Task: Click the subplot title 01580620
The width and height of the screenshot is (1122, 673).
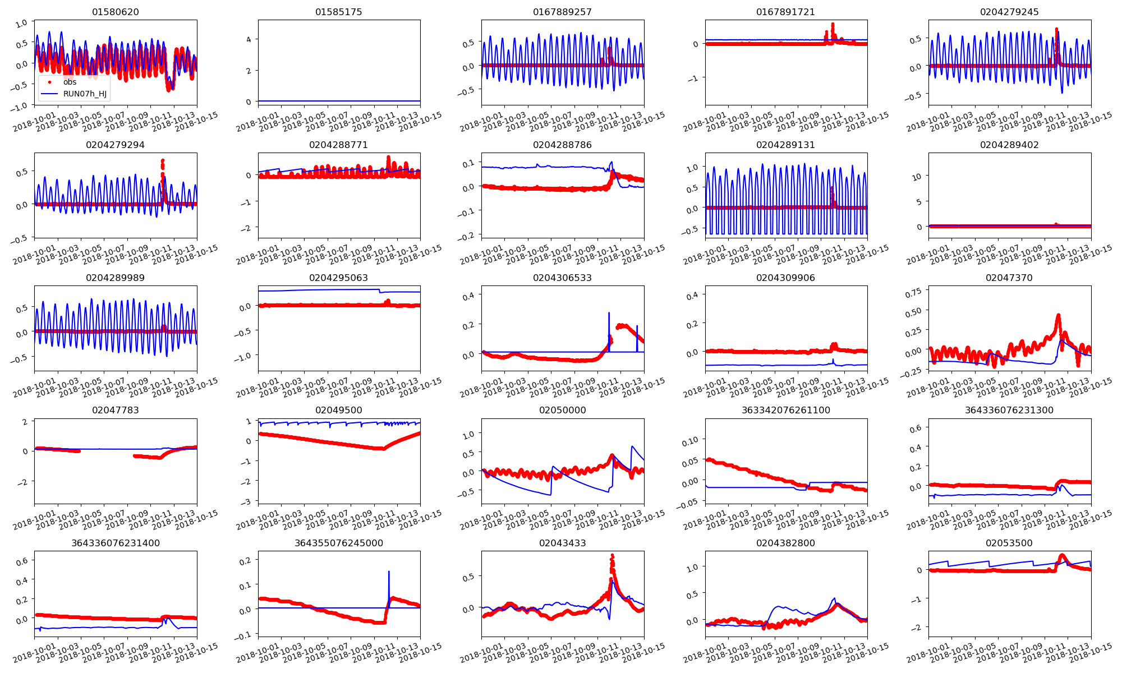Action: click(116, 12)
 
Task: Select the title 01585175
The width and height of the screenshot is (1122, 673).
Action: click(339, 12)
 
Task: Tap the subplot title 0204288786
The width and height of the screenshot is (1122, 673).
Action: click(562, 145)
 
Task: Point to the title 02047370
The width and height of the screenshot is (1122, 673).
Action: click(1009, 278)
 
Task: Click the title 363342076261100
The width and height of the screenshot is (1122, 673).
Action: click(785, 410)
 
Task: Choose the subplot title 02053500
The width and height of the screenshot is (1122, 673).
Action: click(1009, 543)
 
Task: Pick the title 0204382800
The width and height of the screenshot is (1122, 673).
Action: click(785, 543)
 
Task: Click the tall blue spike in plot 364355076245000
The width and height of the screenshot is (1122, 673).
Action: click(389, 572)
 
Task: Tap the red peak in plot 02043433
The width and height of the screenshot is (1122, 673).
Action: click(612, 556)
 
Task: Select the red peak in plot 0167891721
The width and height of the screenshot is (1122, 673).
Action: click(833, 25)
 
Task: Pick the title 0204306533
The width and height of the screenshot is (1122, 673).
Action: click(562, 278)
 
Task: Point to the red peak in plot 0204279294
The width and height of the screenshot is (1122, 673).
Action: click(163, 161)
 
